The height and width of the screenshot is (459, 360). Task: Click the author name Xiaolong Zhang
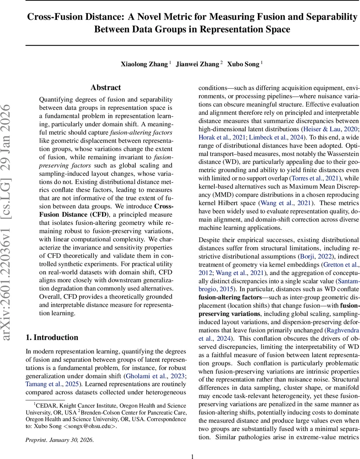point(144,64)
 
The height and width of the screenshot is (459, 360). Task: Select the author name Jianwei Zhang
point(197,64)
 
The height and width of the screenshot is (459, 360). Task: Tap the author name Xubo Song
point(243,64)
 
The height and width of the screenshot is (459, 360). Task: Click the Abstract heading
point(106,88)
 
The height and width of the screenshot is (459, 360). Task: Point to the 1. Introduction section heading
point(52,337)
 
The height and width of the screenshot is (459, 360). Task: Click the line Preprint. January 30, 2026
point(59,439)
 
